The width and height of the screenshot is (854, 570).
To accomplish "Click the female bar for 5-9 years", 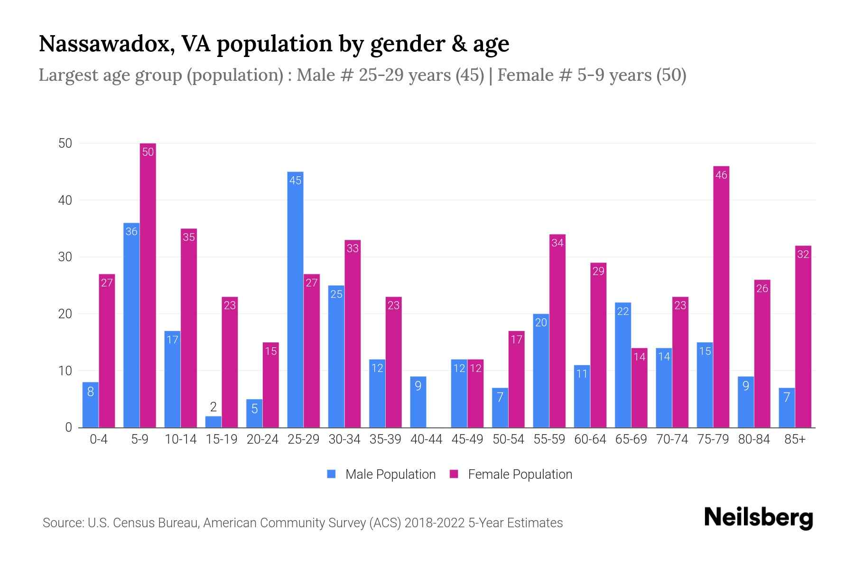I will point(148,285).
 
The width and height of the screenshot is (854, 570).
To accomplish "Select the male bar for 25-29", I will point(295,299).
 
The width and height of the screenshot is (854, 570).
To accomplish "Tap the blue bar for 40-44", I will point(418,402).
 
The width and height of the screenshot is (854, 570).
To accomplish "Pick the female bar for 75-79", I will point(721,297).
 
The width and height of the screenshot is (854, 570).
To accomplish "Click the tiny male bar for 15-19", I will point(213,422).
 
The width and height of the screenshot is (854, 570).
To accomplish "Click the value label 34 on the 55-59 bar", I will point(557,243).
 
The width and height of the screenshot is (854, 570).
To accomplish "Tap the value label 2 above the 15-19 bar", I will point(213,407).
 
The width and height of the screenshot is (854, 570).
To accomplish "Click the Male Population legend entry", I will point(381,475).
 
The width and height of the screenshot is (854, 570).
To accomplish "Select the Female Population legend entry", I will point(511,475).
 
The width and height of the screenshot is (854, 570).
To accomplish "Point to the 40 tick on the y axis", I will point(65,200).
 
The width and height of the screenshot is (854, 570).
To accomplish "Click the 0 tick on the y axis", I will point(68,427).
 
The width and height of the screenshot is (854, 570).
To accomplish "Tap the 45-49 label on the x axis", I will point(467,439).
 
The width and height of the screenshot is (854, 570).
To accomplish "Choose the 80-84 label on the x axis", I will point(754,439).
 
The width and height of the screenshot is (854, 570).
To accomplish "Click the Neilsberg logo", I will point(758,518).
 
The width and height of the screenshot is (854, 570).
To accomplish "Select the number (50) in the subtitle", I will point(671,75).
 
